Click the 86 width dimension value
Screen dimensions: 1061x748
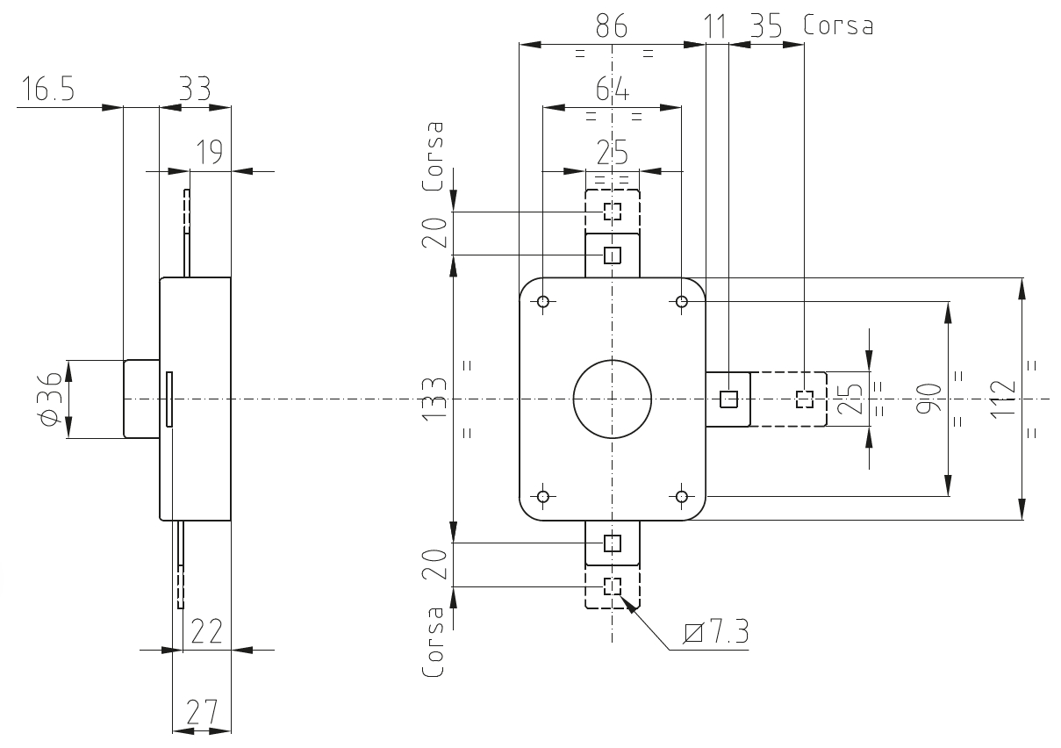(612, 25)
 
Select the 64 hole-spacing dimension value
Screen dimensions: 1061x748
(612, 89)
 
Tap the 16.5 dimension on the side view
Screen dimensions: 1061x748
(48, 89)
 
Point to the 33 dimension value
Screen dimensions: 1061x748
(195, 89)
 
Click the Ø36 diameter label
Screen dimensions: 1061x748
(49, 399)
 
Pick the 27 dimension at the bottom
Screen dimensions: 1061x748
(202, 712)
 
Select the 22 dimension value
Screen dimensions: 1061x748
(206, 631)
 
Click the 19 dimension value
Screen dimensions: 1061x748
(210, 152)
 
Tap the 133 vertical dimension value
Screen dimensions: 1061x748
(434, 399)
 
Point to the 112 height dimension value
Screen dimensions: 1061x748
(1002, 399)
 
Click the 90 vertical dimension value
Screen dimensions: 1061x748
(928, 399)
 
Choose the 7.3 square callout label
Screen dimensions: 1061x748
(716, 631)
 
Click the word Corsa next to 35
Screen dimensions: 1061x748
(838, 25)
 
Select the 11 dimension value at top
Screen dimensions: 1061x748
(714, 26)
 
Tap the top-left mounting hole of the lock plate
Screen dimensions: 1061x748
(543, 301)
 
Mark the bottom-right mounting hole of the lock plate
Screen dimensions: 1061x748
(682, 496)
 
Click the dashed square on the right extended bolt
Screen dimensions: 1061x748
(804, 399)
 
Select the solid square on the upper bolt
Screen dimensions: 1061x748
(612, 255)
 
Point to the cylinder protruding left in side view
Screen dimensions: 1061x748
(141, 399)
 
